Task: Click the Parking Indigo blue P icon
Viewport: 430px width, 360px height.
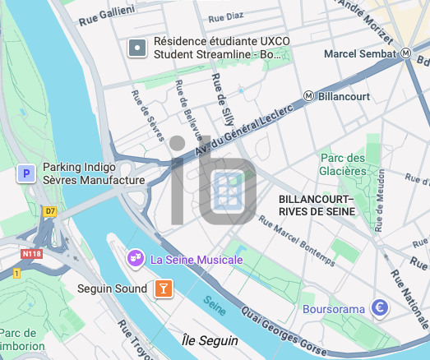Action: click(x=26, y=173)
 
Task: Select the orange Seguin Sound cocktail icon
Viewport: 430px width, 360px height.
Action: click(x=164, y=288)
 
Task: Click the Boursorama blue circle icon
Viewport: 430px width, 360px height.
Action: click(x=379, y=309)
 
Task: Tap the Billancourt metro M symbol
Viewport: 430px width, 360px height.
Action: click(x=308, y=96)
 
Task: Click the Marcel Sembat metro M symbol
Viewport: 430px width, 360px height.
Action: click(x=406, y=53)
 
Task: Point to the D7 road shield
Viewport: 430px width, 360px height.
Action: click(x=50, y=211)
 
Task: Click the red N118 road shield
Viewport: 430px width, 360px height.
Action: click(x=32, y=253)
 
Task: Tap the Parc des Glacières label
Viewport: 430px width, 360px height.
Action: click(x=343, y=164)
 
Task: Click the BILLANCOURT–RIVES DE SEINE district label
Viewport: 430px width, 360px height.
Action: click(x=317, y=205)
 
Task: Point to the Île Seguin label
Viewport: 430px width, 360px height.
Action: click(x=210, y=340)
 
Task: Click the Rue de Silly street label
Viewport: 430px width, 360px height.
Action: click(x=220, y=99)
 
